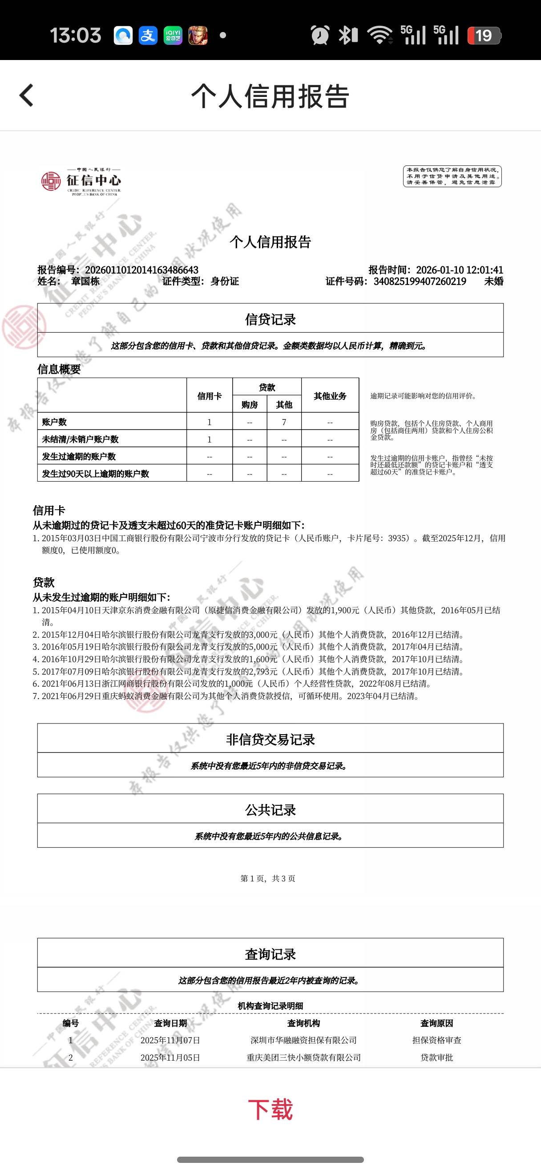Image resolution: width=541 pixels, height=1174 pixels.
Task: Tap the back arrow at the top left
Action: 26,95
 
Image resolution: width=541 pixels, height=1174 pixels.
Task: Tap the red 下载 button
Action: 270,1109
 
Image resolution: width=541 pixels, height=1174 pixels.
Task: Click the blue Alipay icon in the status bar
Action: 148,35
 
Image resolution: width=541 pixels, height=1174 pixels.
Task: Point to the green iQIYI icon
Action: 173,35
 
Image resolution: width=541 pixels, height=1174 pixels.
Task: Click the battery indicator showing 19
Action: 484,36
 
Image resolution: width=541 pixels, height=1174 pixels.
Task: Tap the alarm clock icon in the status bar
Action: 320,35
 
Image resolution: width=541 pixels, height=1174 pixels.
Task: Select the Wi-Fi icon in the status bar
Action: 379,35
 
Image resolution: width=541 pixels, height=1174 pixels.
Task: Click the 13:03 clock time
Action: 75,36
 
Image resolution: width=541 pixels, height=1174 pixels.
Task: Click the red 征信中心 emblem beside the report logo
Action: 51,181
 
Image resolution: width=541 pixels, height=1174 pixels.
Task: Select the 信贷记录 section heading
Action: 270,319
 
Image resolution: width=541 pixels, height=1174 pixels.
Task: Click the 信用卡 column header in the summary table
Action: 209,396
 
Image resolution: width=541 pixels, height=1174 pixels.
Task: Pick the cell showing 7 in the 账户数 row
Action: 284,422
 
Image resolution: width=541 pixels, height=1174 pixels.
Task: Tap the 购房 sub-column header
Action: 249,405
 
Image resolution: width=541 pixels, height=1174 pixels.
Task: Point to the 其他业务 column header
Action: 330,396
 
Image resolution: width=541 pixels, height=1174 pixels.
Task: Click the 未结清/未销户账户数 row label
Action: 80,439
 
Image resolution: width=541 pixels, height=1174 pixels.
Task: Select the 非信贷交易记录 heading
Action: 270,740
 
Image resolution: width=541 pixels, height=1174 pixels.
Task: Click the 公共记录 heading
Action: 270,810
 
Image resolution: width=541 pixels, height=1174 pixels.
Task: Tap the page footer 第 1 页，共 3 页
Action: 268,878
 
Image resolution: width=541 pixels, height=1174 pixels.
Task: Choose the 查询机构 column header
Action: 303,1023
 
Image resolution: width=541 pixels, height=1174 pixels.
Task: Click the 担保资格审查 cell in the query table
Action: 436,1041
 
